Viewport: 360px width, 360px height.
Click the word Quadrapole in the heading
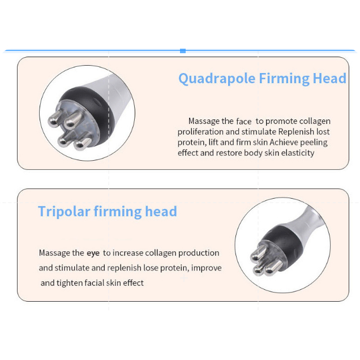click(x=217, y=79)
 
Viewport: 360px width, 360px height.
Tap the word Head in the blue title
click(x=329, y=78)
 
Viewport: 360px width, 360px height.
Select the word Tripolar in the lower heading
click(x=64, y=212)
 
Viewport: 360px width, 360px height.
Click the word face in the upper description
click(x=243, y=121)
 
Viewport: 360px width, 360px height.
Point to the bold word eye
click(x=93, y=253)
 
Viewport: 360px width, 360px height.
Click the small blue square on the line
click(x=183, y=51)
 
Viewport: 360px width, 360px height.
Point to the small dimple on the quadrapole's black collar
click(x=96, y=101)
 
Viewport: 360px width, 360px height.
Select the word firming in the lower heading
click(x=118, y=212)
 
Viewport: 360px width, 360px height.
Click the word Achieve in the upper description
click(x=284, y=142)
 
